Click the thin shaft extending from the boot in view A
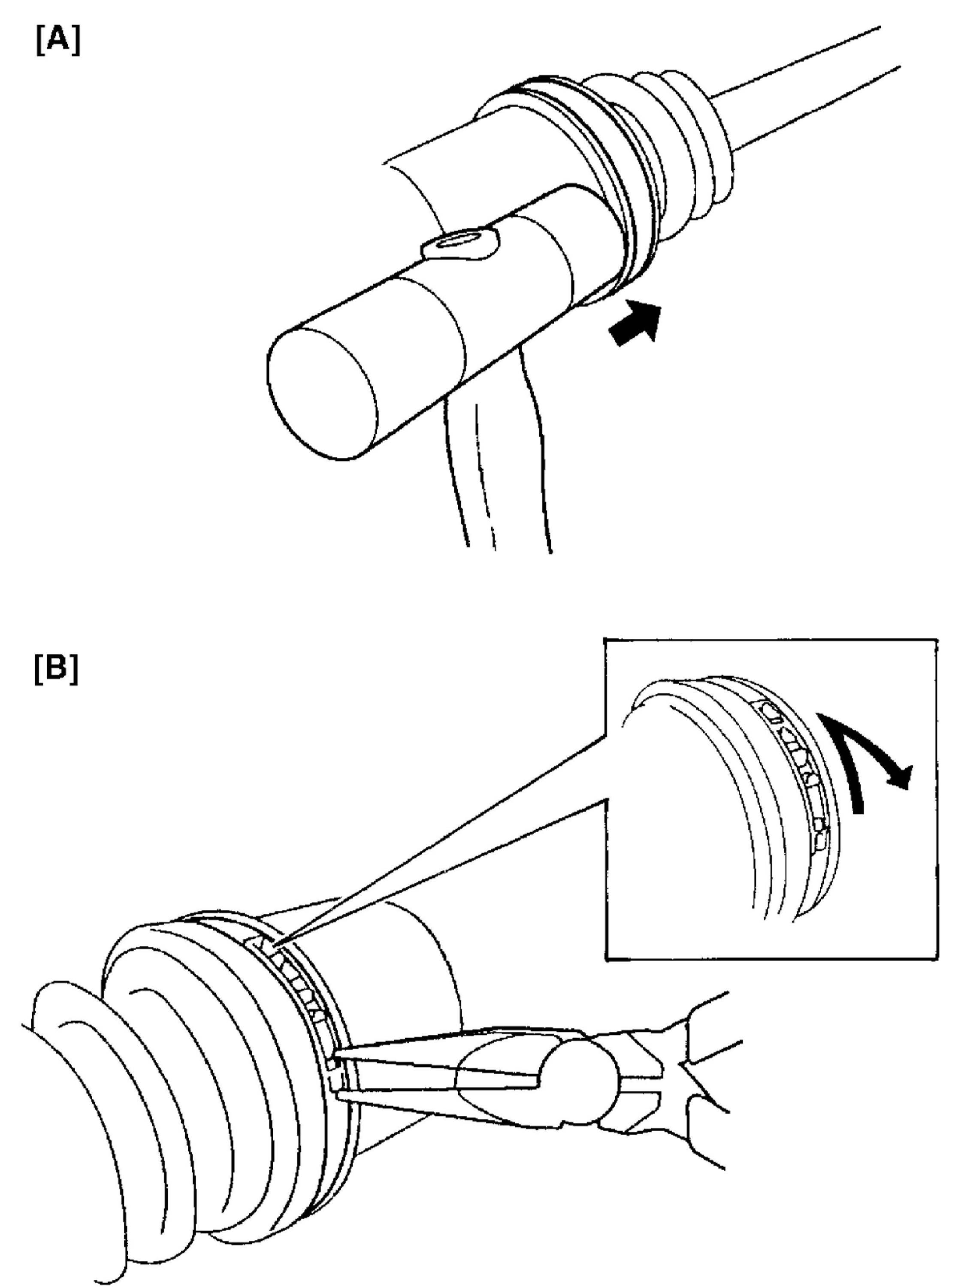pos(814,87)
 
